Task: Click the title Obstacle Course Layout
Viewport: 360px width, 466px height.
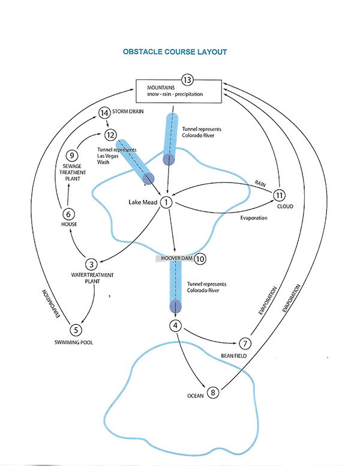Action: tap(175, 52)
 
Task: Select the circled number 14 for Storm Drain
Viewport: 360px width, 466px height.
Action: tap(104, 112)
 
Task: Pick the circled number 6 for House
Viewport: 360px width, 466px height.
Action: tap(68, 213)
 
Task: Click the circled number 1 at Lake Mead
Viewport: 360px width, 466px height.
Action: tap(166, 203)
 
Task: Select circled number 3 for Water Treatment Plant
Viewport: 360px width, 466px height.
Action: tap(91, 264)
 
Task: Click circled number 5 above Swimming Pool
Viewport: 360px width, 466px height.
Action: tap(76, 329)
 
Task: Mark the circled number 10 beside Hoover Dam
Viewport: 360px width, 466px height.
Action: tap(200, 259)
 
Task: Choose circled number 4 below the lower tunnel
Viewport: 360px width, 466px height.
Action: tap(176, 326)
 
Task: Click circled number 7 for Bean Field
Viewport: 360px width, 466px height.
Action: tap(244, 343)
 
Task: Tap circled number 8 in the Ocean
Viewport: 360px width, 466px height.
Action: tap(213, 393)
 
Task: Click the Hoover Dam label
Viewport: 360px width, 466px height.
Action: tap(175, 259)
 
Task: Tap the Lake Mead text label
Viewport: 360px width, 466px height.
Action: tap(142, 203)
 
